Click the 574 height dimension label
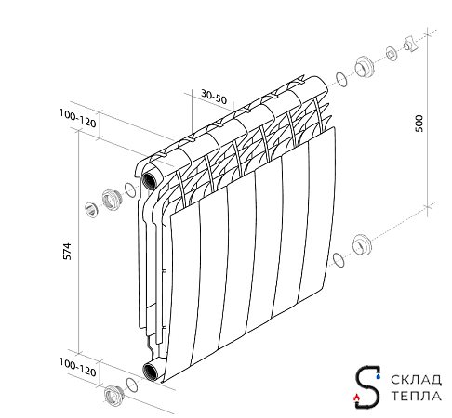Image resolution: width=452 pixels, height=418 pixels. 67,252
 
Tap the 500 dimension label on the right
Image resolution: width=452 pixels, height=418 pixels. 419,124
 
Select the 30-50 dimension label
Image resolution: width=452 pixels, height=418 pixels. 214,97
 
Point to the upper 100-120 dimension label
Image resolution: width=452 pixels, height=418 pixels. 78,119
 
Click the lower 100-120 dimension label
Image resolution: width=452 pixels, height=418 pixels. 78,367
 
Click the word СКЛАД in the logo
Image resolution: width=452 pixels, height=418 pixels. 416,380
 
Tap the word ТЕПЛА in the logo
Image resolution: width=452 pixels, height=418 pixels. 416,396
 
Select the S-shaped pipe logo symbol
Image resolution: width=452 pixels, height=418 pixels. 367,387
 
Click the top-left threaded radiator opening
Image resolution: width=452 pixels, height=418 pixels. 150,181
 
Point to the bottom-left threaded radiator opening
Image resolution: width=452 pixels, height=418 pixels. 151,371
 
